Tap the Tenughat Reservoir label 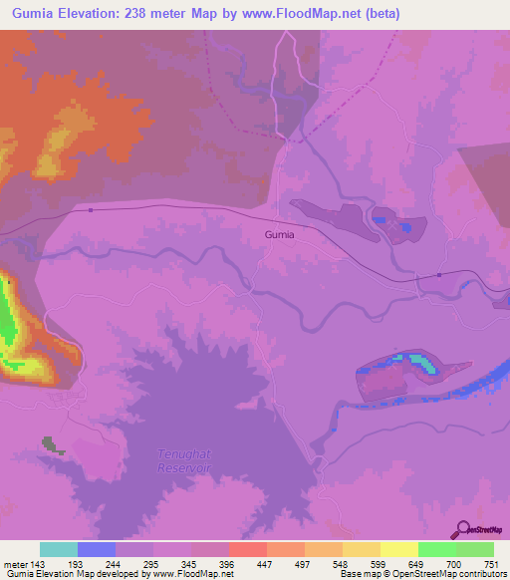(186, 461)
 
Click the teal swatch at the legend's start (58, 549)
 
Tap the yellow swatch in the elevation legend (398, 549)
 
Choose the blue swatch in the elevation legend (96, 549)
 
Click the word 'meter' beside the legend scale (14, 564)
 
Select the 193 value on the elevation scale (76, 564)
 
